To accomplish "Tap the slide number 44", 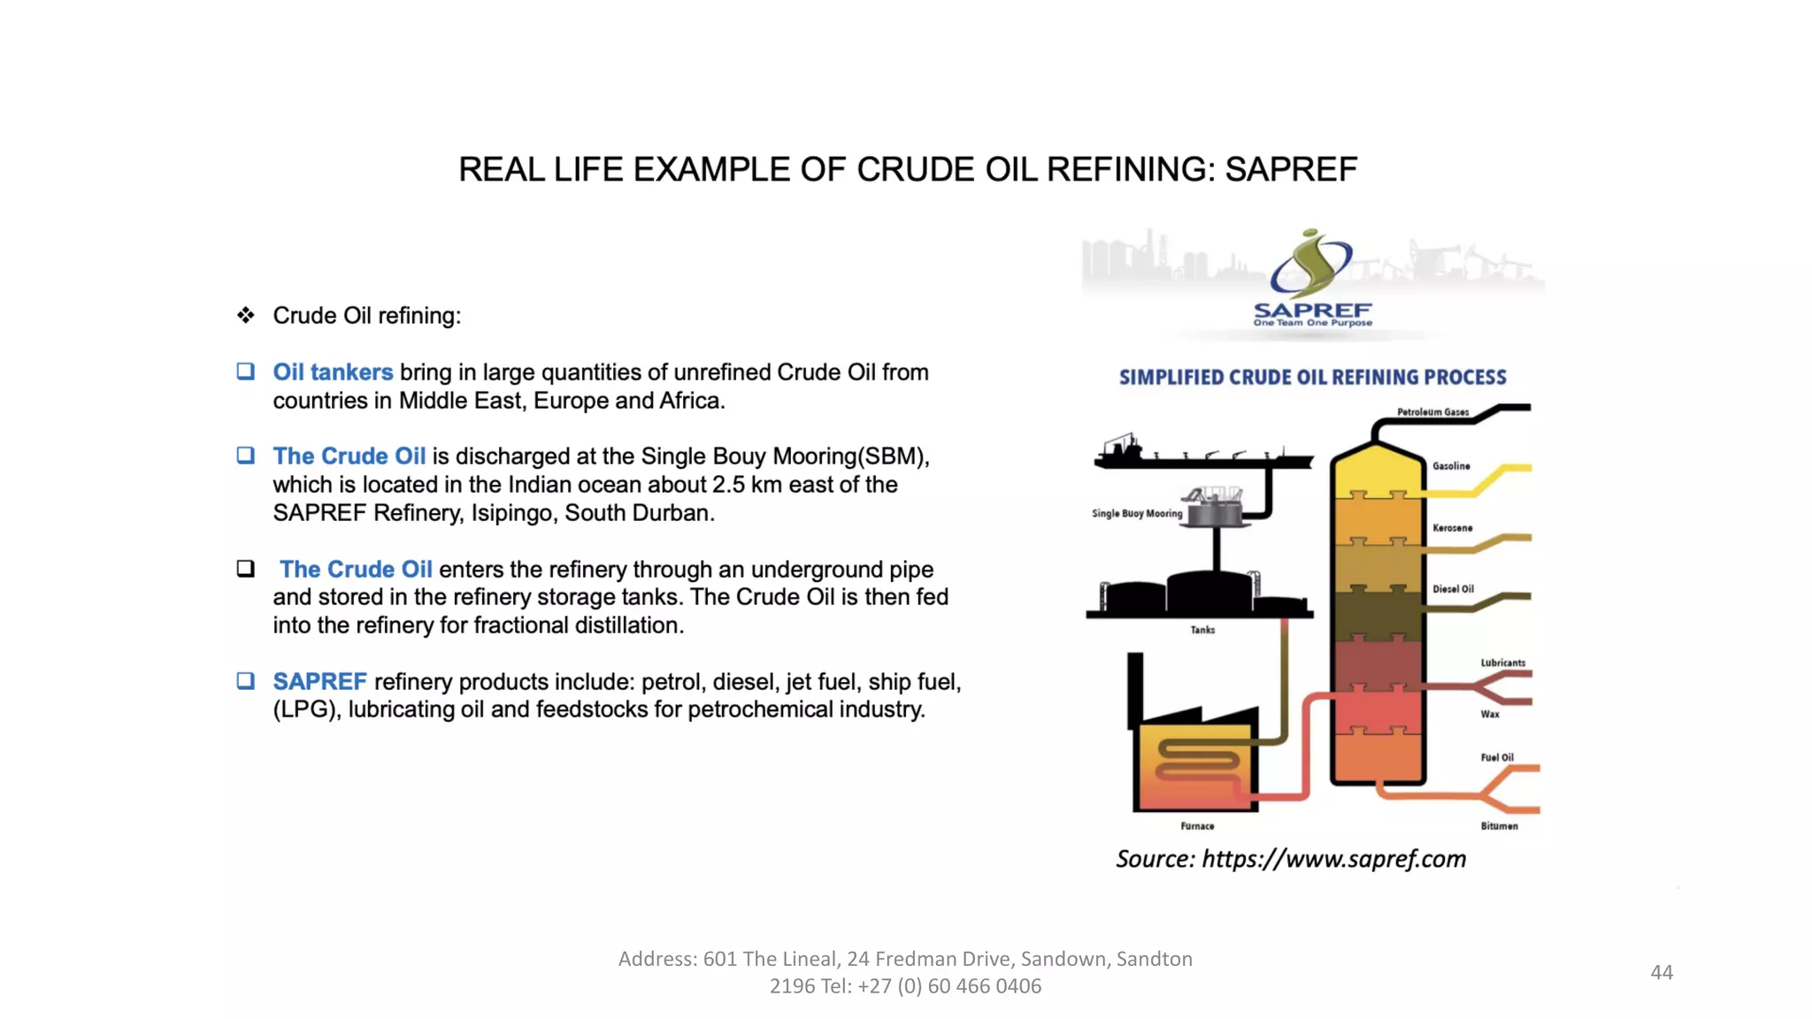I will pos(1662,972).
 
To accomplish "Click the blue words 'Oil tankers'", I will pos(333,372).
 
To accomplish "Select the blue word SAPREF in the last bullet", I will pos(319,681).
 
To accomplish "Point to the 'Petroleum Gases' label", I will pos(1432,412).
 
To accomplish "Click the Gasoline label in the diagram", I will pos(1451,466).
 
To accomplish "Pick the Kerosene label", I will pos(1453,528).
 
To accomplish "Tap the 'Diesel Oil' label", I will pos(1453,589).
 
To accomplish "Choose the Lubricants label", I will pos(1502,663).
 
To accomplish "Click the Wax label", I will pos(1490,714).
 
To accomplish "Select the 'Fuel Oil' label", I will pos(1497,757).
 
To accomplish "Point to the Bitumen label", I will pos(1499,826).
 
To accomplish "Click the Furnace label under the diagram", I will pos(1197,826).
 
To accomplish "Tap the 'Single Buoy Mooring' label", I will pos(1137,513).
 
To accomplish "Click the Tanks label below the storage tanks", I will pos(1202,630).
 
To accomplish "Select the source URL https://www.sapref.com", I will pos(1333,859).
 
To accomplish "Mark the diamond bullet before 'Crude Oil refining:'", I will pos(246,315).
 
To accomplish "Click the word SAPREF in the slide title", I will pos(1290,169).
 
